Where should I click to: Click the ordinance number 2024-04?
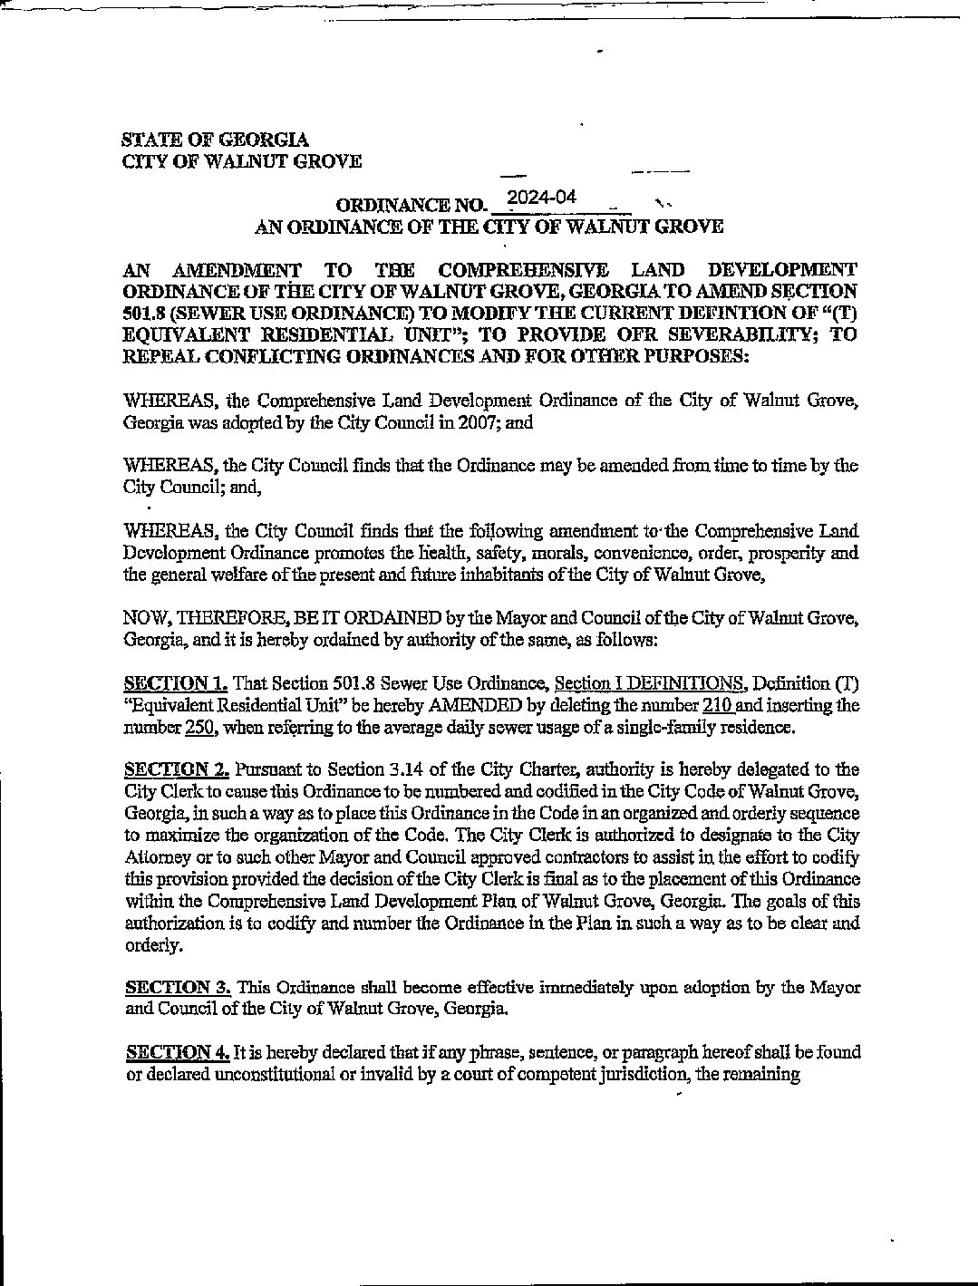(x=542, y=198)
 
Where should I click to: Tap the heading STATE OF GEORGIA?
(x=215, y=140)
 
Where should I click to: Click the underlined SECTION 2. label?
(x=176, y=769)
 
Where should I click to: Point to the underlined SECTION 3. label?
(x=178, y=987)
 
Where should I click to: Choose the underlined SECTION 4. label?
(x=178, y=1052)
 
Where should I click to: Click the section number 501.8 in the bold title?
(x=143, y=313)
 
